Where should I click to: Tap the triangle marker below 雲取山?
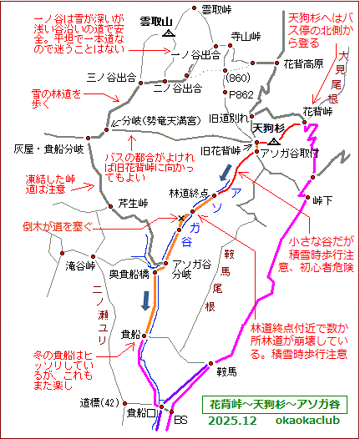170,35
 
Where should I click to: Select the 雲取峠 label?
219,9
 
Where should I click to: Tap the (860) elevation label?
239,77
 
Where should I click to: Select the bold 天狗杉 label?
269,129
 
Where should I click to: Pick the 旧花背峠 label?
221,150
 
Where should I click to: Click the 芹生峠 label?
131,202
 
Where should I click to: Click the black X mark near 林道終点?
182,219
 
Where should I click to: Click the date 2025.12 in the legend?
234,420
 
